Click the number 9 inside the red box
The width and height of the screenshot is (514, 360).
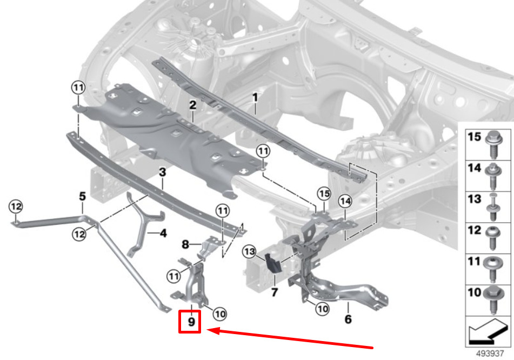coord(191,322)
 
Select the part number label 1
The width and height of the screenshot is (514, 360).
coord(255,98)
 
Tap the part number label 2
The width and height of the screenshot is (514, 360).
coord(192,105)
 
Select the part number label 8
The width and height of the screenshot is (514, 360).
coord(185,245)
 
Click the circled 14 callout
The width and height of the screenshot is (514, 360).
coord(345,201)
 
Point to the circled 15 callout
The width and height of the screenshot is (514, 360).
coord(323,192)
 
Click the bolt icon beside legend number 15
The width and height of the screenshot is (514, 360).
coord(493,139)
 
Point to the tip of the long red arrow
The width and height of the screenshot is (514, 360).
coord(209,330)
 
